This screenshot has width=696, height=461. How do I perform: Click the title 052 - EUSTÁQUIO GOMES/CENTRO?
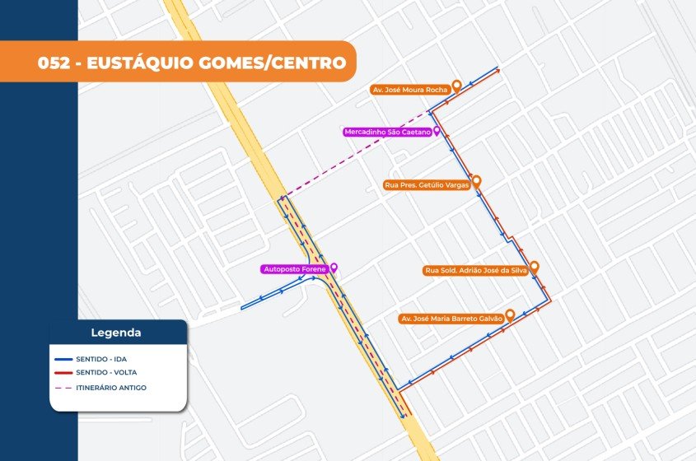click(191, 63)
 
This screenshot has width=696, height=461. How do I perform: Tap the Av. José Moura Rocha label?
click(409, 90)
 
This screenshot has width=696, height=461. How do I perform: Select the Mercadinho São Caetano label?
click(387, 132)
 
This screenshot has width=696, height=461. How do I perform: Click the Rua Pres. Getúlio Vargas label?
click(427, 185)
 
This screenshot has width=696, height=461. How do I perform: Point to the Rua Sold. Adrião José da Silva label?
click(474, 270)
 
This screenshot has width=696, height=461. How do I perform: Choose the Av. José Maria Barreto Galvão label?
click(451, 318)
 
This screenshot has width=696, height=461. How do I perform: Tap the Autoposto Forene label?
click(294, 269)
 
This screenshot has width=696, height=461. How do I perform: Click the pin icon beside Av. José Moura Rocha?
click(456, 86)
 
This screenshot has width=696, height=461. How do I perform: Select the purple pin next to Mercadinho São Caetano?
click(437, 131)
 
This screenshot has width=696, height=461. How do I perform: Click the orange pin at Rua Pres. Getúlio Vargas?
click(475, 181)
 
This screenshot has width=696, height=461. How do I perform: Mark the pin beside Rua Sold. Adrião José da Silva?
click(534, 267)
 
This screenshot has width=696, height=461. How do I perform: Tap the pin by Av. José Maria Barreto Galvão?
click(510, 314)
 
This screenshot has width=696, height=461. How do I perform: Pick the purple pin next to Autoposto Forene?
click(334, 268)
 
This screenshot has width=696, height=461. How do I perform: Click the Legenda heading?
click(115, 333)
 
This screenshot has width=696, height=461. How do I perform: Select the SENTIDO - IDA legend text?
click(101, 359)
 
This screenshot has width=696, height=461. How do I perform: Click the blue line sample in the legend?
click(62, 359)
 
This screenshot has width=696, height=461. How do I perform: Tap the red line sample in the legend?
click(62, 373)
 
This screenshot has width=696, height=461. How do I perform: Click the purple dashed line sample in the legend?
click(62, 387)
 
